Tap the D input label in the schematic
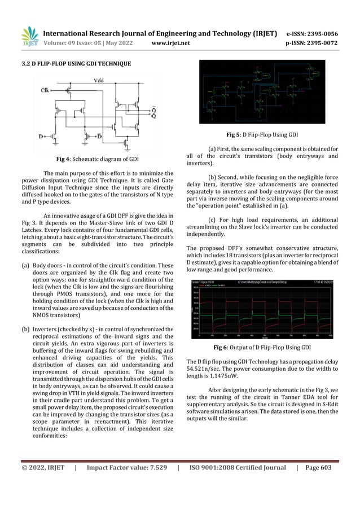[x=49, y=136]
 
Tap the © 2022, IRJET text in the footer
[x=43, y=467]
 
